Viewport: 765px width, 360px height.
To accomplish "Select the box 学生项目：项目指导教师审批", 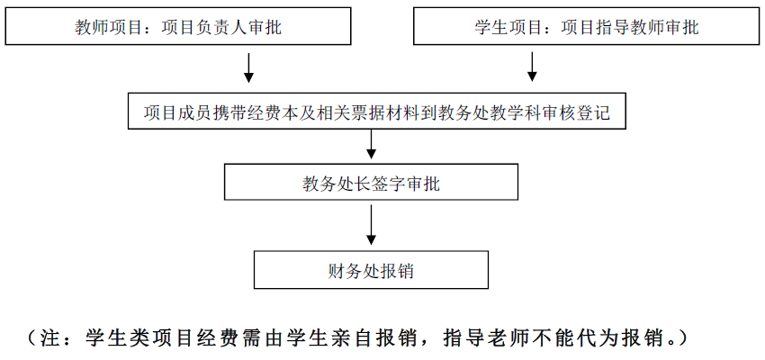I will pos(587,27).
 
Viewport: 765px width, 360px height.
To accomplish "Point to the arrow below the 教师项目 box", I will pos(249,66).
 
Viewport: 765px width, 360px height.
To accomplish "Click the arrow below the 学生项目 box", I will pos(532,66).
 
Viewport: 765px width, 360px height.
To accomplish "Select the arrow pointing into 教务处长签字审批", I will pos(371,146).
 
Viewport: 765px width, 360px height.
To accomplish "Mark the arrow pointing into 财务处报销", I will pos(371,225).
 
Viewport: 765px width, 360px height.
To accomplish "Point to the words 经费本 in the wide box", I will pos(274,113).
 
